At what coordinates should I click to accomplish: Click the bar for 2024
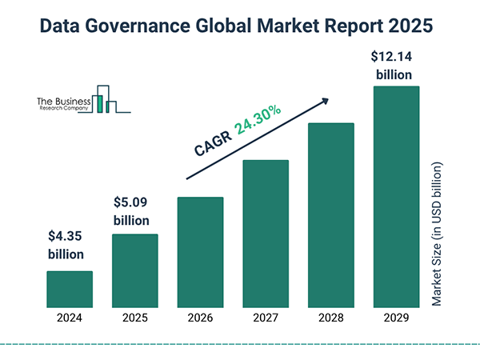[70, 289]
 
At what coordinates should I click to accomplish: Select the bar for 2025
[134, 270]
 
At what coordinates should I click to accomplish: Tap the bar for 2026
[200, 252]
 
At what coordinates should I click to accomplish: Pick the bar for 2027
[265, 234]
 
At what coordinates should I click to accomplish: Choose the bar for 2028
[330, 215]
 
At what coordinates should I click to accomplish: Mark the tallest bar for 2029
[396, 197]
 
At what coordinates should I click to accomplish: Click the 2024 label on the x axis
[70, 318]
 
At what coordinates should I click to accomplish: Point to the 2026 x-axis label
[200, 318]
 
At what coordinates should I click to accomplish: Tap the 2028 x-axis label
[330, 318]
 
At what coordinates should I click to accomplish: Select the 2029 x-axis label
[396, 318]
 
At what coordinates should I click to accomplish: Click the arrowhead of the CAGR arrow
[326, 100]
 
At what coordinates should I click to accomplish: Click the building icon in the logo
[106, 99]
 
